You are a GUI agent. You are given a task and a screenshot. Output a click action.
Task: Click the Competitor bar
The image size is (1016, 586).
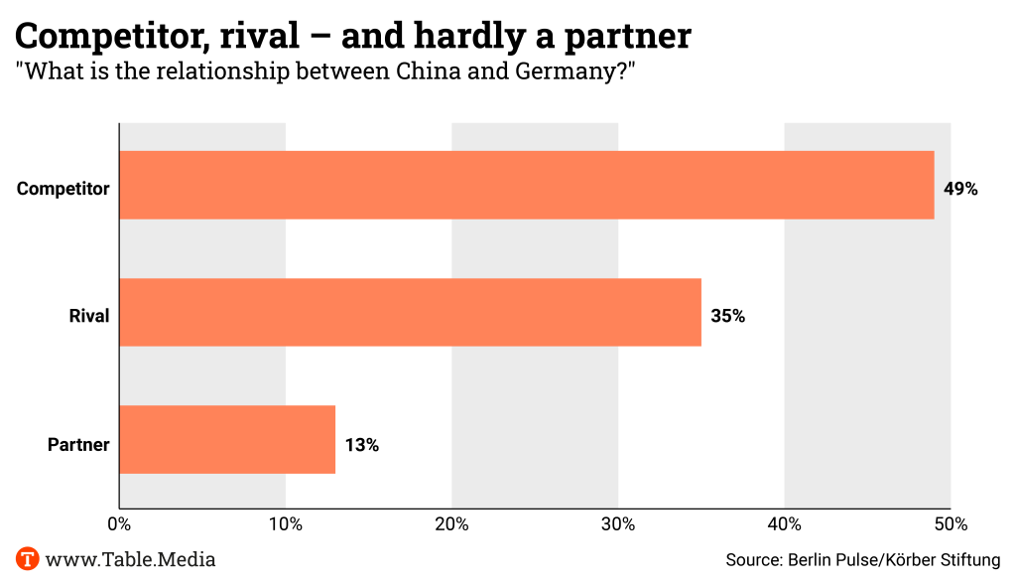pyautogui.click(x=526, y=185)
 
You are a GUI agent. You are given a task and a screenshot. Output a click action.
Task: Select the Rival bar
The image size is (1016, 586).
pyautogui.click(x=410, y=312)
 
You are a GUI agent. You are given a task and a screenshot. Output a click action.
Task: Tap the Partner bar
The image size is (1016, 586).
pyautogui.click(x=227, y=439)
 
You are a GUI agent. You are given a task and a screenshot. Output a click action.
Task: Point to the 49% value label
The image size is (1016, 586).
pyautogui.click(x=960, y=189)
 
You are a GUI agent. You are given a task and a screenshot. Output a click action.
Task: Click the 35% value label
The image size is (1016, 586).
pyautogui.click(x=727, y=316)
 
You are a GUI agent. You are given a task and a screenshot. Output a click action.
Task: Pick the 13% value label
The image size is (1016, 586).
pyautogui.click(x=362, y=444)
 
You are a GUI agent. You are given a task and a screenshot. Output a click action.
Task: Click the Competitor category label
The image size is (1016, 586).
pyautogui.click(x=63, y=189)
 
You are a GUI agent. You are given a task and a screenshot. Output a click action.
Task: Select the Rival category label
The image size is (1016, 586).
pyautogui.click(x=88, y=316)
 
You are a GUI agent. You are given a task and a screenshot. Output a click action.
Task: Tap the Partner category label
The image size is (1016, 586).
pyautogui.click(x=78, y=444)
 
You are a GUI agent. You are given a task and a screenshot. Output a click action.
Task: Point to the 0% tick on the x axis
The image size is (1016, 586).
pyautogui.click(x=119, y=523)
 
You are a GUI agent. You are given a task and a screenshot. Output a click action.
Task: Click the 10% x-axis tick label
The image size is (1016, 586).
pyautogui.click(x=286, y=523)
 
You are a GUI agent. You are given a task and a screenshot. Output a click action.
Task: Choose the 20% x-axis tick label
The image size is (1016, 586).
pyautogui.click(x=452, y=523)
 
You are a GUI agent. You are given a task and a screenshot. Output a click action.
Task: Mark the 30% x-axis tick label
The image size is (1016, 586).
pyautogui.click(x=618, y=523)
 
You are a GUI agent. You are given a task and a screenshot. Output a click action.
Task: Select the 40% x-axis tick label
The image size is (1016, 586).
pyautogui.click(x=785, y=523)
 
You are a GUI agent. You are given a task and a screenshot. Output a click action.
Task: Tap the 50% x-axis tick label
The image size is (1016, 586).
pyautogui.click(x=951, y=523)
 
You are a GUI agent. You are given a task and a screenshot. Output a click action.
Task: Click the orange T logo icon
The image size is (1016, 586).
pyautogui.click(x=27, y=559)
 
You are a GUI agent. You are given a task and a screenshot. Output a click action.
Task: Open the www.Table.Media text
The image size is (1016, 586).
pyautogui.click(x=130, y=559)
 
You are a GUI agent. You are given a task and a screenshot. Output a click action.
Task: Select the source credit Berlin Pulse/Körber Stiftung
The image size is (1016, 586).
pyautogui.click(x=893, y=560)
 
